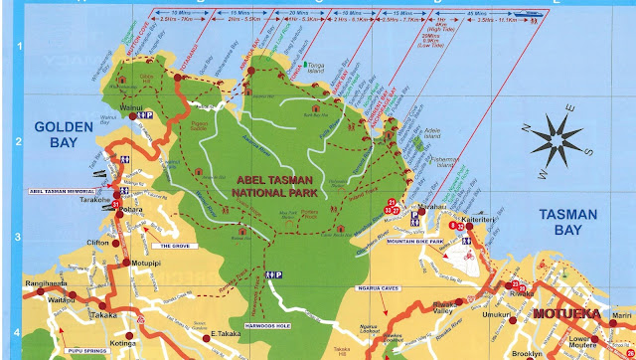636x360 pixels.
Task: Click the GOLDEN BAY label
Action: pos(62,134)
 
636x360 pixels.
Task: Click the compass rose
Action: pos(559,138)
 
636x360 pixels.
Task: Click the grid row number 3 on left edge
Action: pos(16,238)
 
